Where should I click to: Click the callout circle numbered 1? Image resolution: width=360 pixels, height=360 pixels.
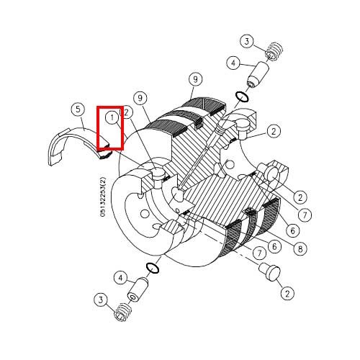[112, 118]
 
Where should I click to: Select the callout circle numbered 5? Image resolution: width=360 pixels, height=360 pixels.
[78, 109]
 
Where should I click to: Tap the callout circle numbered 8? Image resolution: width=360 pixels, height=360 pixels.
[300, 248]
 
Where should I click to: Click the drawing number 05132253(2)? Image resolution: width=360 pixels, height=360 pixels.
[103, 197]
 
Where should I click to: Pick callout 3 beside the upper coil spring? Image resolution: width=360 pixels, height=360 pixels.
[247, 42]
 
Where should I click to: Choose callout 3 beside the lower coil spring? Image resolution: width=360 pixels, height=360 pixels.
[101, 300]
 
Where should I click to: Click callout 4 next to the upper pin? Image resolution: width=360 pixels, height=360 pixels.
[234, 63]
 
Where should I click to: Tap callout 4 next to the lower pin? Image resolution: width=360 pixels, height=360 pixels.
[120, 278]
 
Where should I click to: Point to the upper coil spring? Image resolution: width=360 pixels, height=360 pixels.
[274, 52]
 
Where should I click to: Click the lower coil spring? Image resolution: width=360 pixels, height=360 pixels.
[123, 312]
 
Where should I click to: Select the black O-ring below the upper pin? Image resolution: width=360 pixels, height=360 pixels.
[243, 96]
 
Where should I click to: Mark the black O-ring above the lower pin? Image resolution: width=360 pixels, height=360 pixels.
[153, 268]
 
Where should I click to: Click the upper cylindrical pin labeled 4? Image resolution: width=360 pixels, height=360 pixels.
[258, 75]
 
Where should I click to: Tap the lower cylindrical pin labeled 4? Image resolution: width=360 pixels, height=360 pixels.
[138, 290]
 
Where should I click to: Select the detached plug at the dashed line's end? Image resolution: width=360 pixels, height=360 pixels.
[269, 271]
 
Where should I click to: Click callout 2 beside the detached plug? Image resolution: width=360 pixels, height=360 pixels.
[287, 293]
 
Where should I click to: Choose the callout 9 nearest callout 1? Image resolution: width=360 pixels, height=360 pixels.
[140, 98]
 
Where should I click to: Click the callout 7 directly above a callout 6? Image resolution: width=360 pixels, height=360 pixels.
[305, 215]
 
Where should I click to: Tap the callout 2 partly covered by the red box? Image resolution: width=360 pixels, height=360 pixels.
[127, 112]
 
